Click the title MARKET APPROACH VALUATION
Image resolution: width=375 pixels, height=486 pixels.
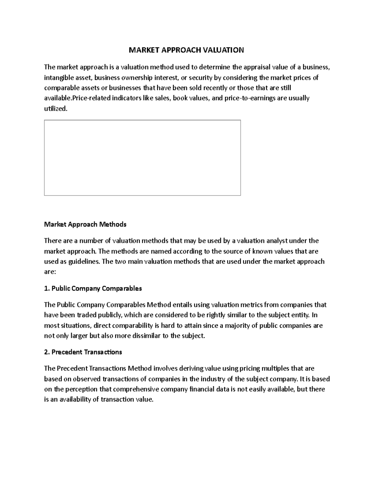click(x=187, y=50)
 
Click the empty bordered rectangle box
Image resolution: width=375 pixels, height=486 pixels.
click(x=142, y=158)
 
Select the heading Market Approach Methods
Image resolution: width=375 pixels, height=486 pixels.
click(x=85, y=224)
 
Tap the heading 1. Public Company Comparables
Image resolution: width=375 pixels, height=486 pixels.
click(x=93, y=288)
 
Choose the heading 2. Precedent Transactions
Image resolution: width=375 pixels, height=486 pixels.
click(x=83, y=352)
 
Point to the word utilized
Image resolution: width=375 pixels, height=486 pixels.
click(x=55, y=109)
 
